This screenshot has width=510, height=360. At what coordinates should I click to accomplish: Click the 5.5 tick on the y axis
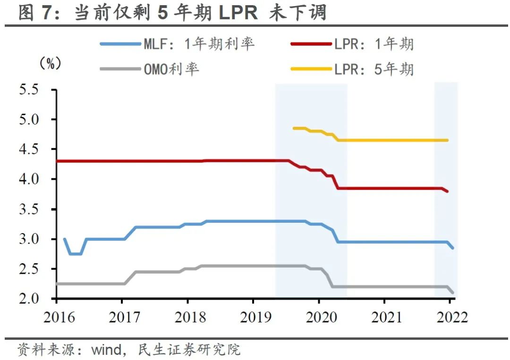click(x=29, y=90)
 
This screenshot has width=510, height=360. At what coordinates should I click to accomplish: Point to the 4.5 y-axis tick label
click(x=29, y=150)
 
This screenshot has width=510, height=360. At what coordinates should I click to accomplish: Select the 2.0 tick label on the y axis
click(x=29, y=299)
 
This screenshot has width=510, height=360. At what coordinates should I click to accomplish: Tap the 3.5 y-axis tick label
click(x=29, y=209)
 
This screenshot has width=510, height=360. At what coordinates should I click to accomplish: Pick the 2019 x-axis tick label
click(x=255, y=317)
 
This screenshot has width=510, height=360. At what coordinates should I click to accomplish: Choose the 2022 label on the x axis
click(x=450, y=317)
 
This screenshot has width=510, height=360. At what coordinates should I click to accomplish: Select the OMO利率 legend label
click(x=171, y=69)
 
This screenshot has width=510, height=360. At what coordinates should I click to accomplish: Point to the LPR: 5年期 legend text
click(x=374, y=69)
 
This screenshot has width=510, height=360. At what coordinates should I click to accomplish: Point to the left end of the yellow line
click(x=294, y=128)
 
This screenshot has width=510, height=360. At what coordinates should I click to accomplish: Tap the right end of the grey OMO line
click(x=453, y=293)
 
